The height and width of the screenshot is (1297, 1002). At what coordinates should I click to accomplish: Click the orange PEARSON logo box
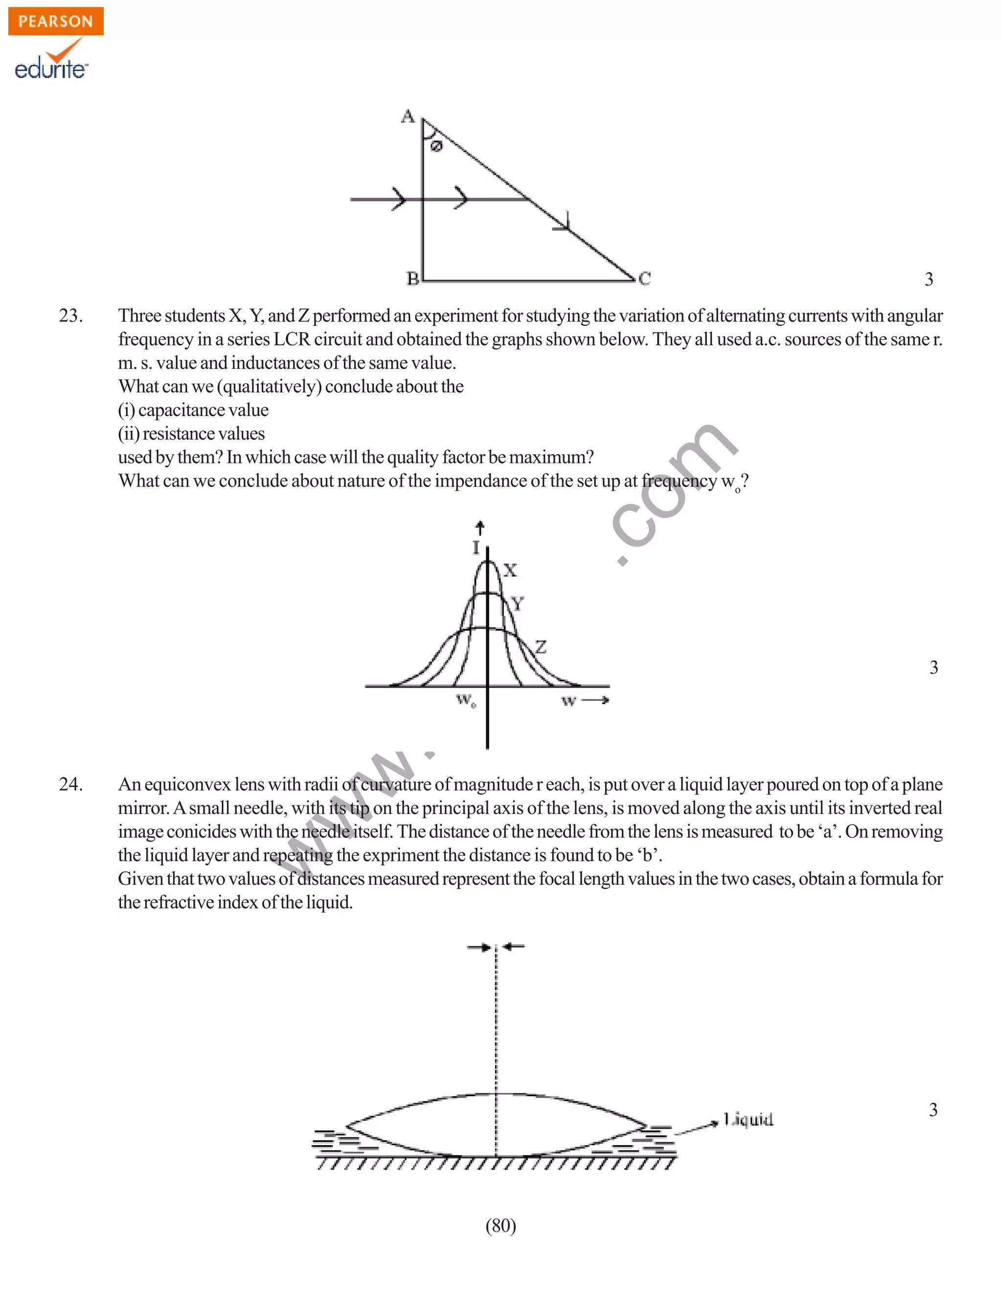56,22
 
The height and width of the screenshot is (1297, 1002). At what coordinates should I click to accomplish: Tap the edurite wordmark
51,69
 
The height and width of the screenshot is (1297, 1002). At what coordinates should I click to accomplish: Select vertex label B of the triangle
412,278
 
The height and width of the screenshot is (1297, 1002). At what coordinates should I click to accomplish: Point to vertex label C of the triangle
645,278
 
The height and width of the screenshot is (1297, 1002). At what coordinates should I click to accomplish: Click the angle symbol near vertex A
436,146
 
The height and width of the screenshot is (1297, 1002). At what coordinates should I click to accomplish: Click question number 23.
70,315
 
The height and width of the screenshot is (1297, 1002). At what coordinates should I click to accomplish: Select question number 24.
70,784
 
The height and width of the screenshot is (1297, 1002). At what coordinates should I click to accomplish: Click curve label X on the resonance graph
510,570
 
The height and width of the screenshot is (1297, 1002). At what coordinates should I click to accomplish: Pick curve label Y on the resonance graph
518,604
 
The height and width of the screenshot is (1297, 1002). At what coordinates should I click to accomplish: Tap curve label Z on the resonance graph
540,647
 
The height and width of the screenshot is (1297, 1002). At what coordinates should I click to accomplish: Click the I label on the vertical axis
476,548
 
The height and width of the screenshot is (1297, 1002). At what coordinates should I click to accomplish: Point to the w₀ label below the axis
466,701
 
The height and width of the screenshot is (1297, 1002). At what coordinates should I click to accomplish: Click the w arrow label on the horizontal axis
585,701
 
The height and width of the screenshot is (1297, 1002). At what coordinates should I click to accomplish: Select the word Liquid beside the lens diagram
748,1119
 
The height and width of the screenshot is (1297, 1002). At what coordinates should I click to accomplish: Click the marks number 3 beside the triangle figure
929,278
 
